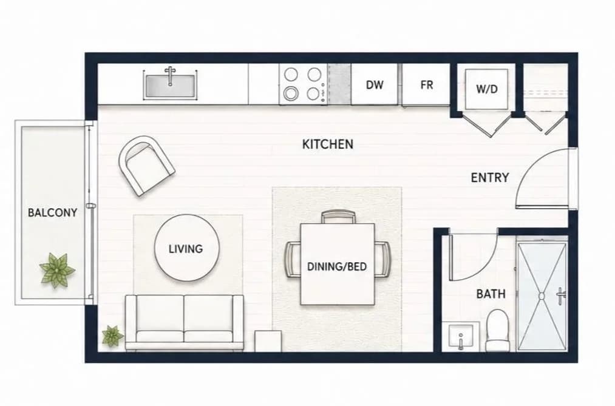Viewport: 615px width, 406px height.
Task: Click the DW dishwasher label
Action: tap(375, 84)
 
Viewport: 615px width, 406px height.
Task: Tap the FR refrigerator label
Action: tap(427, 84)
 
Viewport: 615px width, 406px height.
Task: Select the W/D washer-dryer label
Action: tap(487, 89)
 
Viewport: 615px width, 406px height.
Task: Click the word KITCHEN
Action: tap(328, 144)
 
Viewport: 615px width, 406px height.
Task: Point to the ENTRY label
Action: tap(490, 178)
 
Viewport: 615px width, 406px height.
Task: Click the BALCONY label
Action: tap(53, 213)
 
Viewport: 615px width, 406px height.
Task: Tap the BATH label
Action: tap(491, 294)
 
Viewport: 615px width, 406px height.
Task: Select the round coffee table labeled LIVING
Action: tap(187, 248)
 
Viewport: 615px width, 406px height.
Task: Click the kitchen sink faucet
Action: tap(170, 76)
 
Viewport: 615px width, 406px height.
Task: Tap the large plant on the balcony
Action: tap(57, 270)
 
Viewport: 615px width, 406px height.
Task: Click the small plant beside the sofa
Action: tap(112, 336)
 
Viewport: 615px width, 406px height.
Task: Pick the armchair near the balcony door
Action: tap(146, 165)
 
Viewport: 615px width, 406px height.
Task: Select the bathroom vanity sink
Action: tap(460, 337)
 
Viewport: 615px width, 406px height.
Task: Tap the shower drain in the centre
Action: tap(542, 296)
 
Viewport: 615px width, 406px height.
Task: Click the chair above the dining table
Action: tap(338, 217)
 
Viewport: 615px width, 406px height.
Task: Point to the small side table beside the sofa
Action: tap(268, 341)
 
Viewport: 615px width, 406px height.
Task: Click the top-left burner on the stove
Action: tap(291, 73)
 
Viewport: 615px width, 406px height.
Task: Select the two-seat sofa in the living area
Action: tap(185, 322)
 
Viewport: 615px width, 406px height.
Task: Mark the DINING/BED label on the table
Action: tap(337, 267)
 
